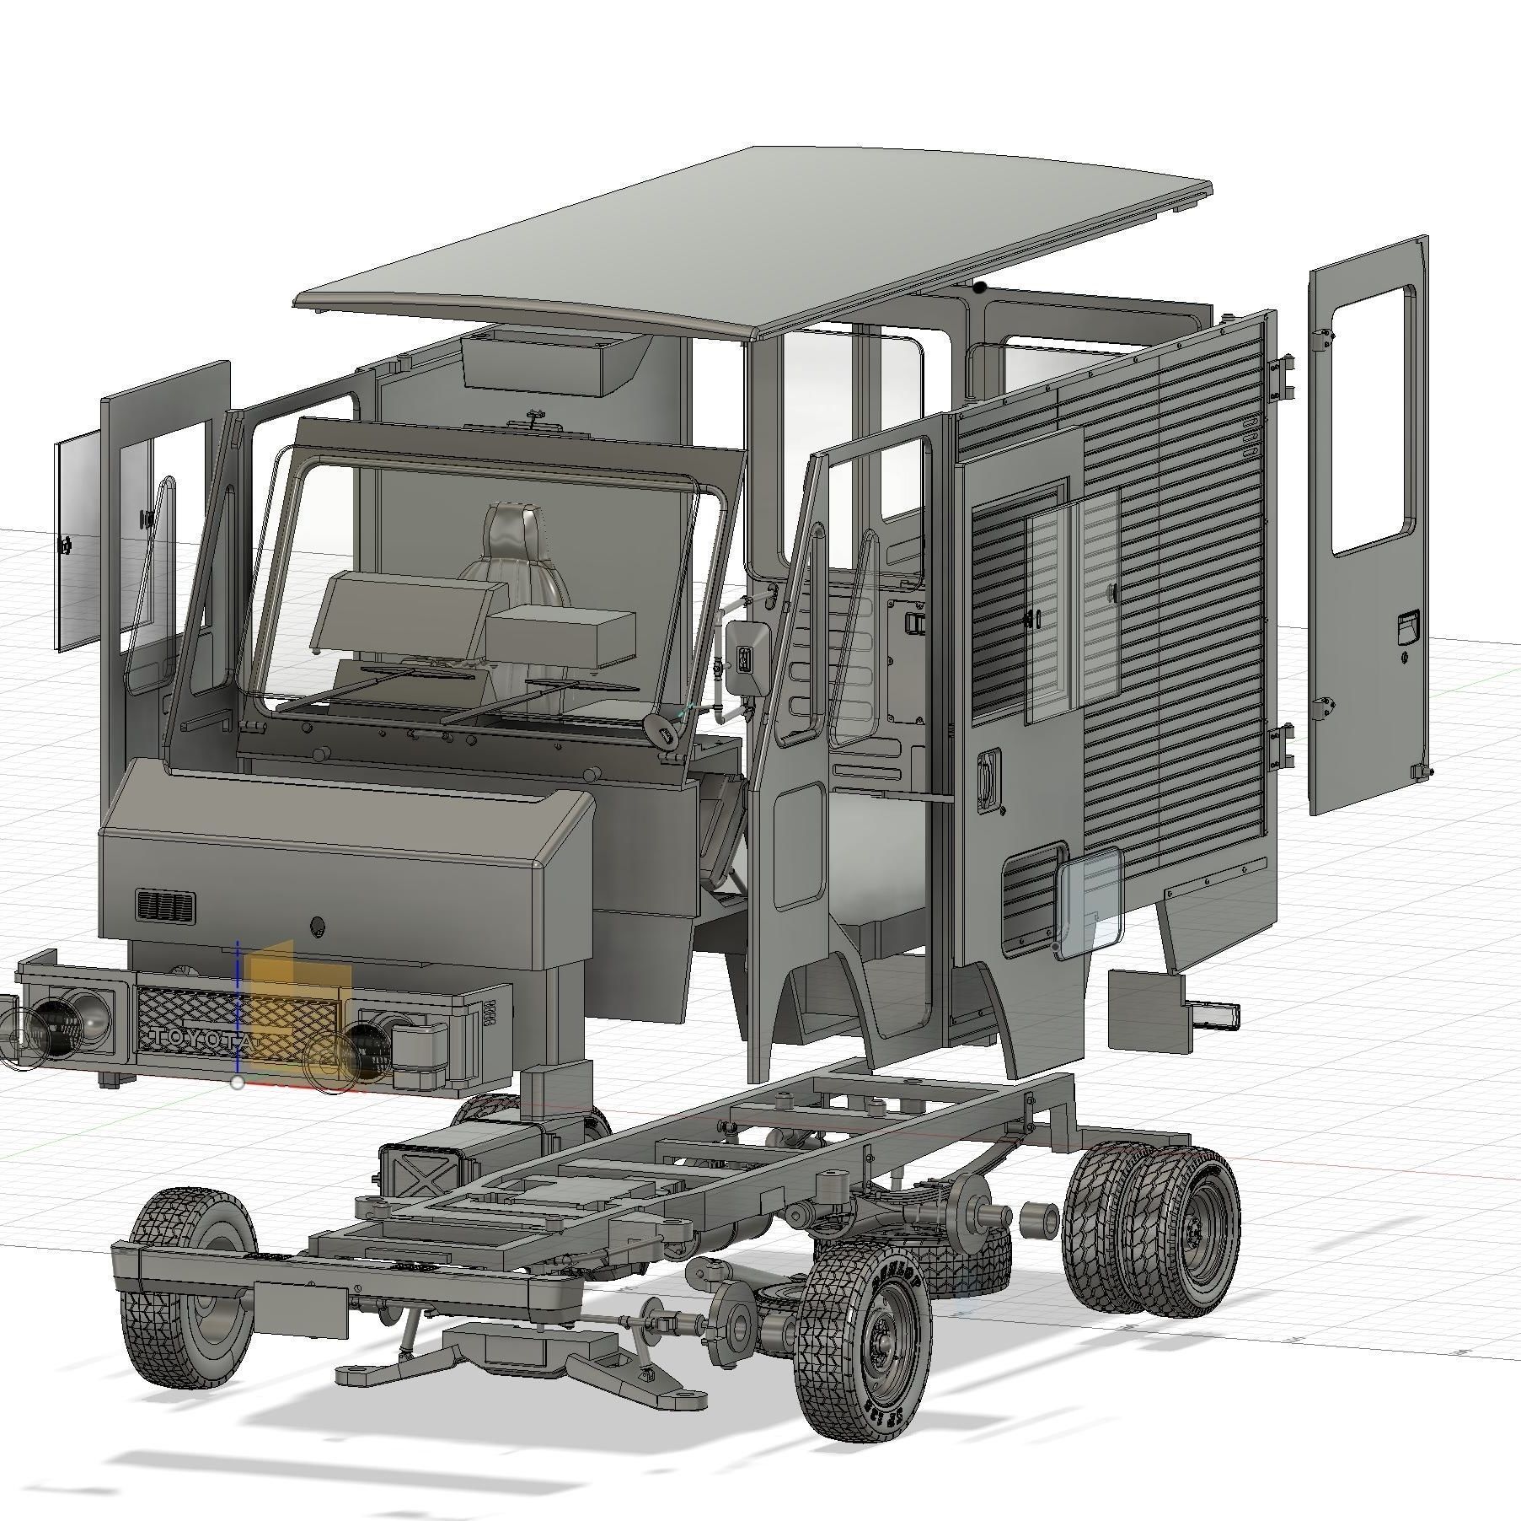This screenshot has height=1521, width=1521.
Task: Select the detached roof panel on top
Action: (x=750, y=245)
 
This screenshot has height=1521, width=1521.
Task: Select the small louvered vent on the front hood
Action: (x=165, y=906)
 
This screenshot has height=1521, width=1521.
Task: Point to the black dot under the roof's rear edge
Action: (x=979, y=288)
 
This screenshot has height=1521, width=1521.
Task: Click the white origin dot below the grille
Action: (x=238, y=1083)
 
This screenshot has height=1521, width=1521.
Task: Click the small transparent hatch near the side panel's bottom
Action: (x=1090, y=902)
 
